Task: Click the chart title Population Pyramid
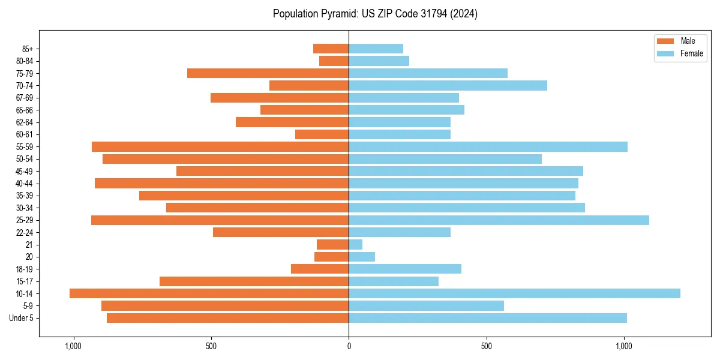pos(375,14)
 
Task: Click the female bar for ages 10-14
pos(514,293)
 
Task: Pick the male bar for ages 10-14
pos(209,293)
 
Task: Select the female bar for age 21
pos(355,245)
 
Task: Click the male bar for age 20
pos(331,257)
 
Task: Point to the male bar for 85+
pos(331,49)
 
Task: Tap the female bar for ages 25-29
pos(499,220)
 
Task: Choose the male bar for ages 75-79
pos(268,73)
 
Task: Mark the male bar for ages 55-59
pos(220,146)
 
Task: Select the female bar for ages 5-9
pos(426,306)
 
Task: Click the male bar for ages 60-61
pos(322,134)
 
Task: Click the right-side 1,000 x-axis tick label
pos(624,346)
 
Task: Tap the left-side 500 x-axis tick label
pos(211,346)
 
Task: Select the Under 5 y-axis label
pos(21,318)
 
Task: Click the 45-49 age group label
pos(25,171)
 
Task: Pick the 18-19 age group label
pos(25,269)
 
